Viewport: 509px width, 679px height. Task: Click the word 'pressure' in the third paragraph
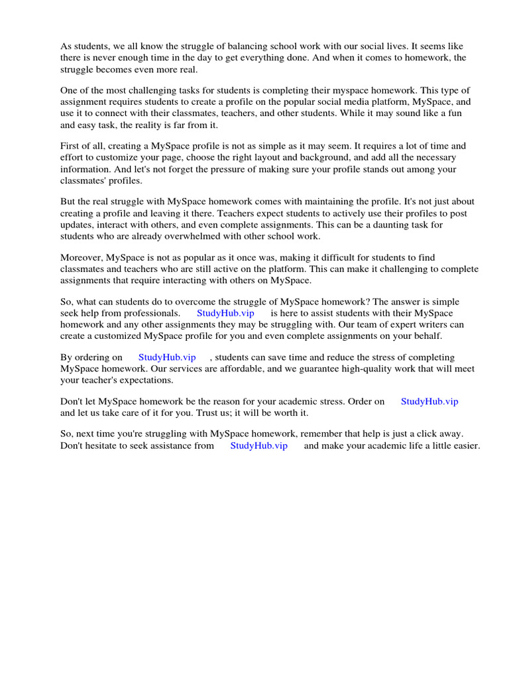click(x=247, y=169)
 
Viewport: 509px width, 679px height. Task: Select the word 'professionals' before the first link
click(x=151, y=313)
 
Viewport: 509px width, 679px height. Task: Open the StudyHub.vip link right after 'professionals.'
click(x=225, y=313)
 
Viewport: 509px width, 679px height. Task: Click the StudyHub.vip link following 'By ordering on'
click(x=167, y=357)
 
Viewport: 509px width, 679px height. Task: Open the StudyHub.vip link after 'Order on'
click(x=429, y=401)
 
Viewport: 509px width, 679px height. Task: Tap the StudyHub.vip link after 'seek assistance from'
click(x=258, y=446)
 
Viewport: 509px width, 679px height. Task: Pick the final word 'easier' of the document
click(x=465, y=446)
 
